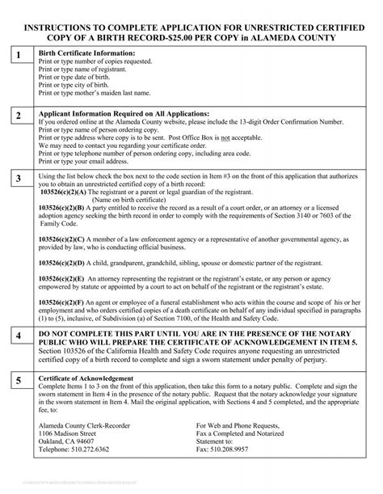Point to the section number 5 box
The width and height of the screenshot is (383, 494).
(x=18, y=379)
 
